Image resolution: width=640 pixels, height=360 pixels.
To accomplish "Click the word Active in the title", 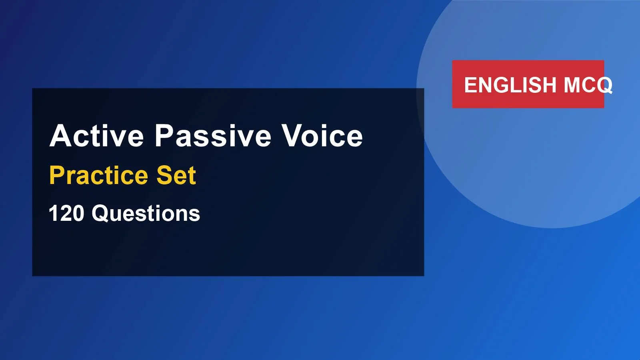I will click(96, 136).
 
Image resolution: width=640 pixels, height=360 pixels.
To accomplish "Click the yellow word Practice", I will click(98, 175).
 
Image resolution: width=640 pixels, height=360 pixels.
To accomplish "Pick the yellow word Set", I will click(176, 175).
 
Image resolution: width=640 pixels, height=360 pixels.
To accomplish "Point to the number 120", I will click(66, 213).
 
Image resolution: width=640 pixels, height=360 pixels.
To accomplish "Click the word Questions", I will click(146, 213).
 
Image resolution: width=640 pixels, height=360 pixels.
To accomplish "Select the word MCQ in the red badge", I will click(588, 85).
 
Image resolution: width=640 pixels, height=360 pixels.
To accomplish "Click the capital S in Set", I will click(164, 175).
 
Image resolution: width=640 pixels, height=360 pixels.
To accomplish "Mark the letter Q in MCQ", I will click(604, 85).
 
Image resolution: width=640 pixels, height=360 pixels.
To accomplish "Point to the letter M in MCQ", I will click(572, 85).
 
